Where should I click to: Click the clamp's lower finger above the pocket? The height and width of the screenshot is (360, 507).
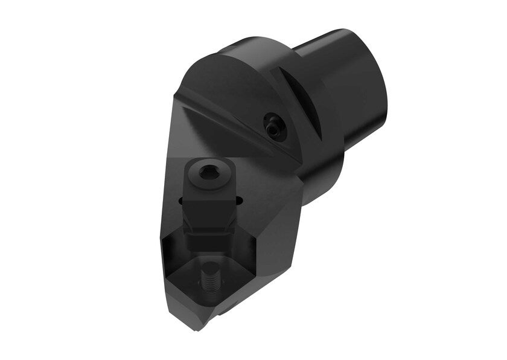[209, 242]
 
